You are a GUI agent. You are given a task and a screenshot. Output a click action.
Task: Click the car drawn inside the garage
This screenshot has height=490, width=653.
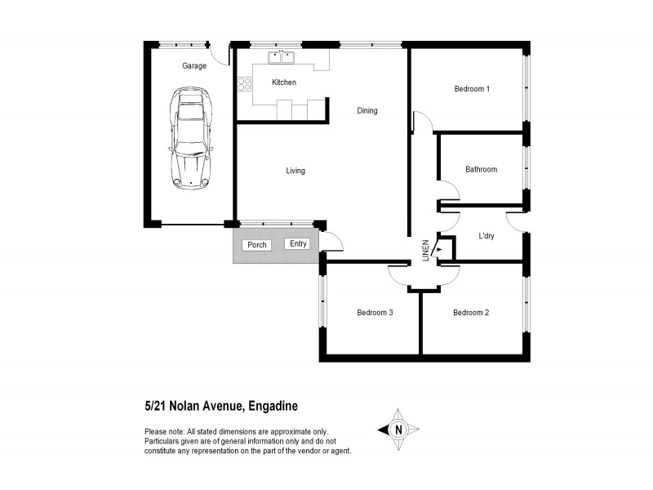click(x=190, y=140)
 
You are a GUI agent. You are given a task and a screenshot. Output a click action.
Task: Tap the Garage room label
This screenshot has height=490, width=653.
click(x=193, y=66)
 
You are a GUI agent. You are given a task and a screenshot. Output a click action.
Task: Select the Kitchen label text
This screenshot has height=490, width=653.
click(x=284, y=82)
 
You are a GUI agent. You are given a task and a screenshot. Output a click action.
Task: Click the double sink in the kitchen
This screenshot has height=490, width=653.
click(x=282, y=57)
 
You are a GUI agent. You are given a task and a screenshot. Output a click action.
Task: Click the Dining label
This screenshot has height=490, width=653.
click(x=367, y=111)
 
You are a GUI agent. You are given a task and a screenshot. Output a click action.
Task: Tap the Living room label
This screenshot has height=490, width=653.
click(x=295, y=171)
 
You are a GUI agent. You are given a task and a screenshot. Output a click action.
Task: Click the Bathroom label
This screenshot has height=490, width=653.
click(x=481, y=170)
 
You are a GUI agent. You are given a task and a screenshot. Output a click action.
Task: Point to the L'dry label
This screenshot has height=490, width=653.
click(x=487, y=237)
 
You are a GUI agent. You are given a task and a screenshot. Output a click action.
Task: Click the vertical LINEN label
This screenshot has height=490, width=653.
click(x=424, y=250)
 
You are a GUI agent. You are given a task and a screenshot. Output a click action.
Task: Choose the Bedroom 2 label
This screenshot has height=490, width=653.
click(x=470, y=312)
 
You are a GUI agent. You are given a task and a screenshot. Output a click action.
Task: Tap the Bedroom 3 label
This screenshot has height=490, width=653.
click(x=375, y=312)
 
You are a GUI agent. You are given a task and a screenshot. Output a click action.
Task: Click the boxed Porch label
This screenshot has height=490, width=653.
click(x=257, y=245)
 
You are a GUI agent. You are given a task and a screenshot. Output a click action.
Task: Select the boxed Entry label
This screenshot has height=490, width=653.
click(x=298, y=243)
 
